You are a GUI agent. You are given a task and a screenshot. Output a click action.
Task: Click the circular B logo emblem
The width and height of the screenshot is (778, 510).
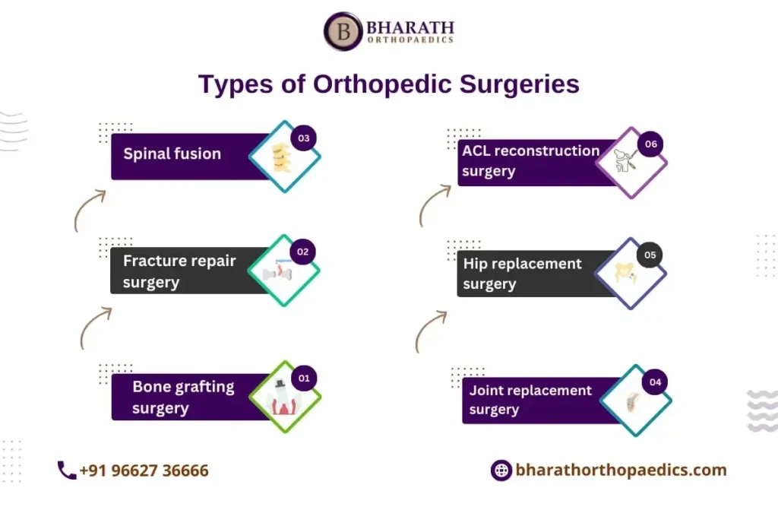click(x=343, y=31)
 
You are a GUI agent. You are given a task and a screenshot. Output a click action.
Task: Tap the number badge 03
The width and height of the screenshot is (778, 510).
click(x=304, y=138)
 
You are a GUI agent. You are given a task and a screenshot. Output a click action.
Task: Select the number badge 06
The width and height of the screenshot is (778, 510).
click(x=650, y=144)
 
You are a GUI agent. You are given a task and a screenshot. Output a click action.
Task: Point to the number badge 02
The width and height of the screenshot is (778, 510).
click(x=302, y=252)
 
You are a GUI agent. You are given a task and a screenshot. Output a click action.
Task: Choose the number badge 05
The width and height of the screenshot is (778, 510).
click(x=650, y=255)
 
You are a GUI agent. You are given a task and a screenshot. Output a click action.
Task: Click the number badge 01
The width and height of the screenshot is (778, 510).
click(x=304, y=379)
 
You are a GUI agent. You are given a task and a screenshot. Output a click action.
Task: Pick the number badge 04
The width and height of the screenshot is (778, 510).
click(x=655, y=382)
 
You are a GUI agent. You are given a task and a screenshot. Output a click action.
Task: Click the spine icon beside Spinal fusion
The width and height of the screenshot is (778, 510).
click(x=281, y=157)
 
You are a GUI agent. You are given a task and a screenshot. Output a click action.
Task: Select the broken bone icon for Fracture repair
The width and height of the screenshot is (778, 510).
click(x=277, y=271)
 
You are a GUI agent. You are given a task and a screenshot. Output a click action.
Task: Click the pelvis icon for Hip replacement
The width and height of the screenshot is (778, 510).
click(x=625, y=273)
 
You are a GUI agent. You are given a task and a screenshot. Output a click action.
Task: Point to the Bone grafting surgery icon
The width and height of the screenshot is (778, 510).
click(x=283, y=398)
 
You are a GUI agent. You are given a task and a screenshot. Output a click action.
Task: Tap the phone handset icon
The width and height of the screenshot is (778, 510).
click(x=67, y=470)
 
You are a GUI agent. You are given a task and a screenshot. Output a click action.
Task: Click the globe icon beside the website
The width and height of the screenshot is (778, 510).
click(x=501, y=470)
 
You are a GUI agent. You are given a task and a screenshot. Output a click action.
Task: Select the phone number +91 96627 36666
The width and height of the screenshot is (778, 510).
click(x=144, y=470)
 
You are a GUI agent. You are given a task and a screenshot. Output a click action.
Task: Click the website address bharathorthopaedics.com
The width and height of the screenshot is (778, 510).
click(x=621, y=470)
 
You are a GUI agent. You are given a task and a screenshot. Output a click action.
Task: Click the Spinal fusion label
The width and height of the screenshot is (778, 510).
click(x=172, y=154)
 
